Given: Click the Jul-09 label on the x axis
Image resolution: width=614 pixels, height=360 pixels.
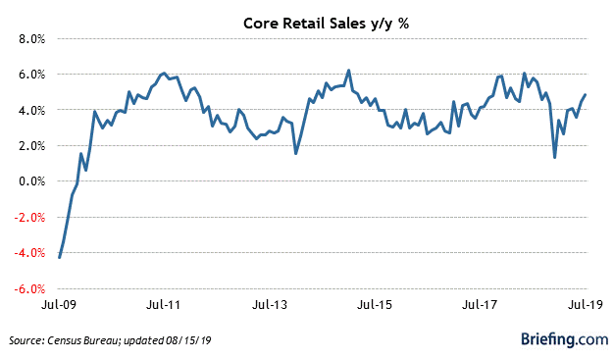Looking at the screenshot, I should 60,305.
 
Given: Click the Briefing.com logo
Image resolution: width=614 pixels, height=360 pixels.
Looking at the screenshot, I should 564,339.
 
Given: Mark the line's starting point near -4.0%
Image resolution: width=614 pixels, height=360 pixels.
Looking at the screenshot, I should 60,258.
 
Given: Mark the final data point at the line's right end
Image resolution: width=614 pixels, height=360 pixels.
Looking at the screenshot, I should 587,95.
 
